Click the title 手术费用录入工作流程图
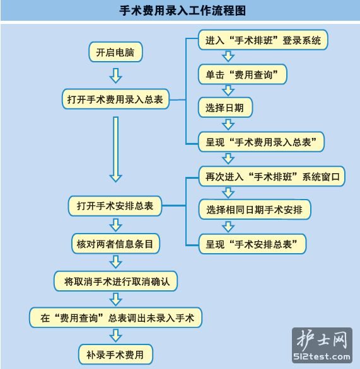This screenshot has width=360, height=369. click(x=183, y=11)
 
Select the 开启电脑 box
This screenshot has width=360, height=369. click(x=115, y=52)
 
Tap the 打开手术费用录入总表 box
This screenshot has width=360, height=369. click(x=115, y=99)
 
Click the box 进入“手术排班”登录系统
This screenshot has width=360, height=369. click(x=263, y=40)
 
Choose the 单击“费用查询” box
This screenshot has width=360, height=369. click(x=243, y=74)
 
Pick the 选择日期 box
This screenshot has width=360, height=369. click(x=225, y=107)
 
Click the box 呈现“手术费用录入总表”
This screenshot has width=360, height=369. click(x=261, y=142)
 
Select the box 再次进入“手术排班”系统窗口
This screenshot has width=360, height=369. click(x=272, y=176)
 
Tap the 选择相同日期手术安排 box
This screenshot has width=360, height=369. click(x=255, y=210)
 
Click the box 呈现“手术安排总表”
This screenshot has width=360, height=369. click(x=252, y=244)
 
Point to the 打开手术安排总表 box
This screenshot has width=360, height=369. click(x=115, y=206)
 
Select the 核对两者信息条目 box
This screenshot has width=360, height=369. click(x=115, y=244)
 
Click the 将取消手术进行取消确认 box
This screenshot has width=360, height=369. click(x=115, y=281)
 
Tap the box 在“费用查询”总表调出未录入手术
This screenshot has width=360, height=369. click(x=115, y=317)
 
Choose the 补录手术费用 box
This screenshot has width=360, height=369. click(x=115, y=354)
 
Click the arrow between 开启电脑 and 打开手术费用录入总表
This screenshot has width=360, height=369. click(x=115, y=76)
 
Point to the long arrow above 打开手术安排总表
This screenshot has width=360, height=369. click(x=115, y=149)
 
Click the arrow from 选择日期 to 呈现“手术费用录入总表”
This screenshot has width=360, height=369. click(x=228, y=124)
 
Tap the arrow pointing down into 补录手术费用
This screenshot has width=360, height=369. click(x=115, y=336)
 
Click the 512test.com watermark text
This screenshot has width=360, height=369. click(x=322, y=356)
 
